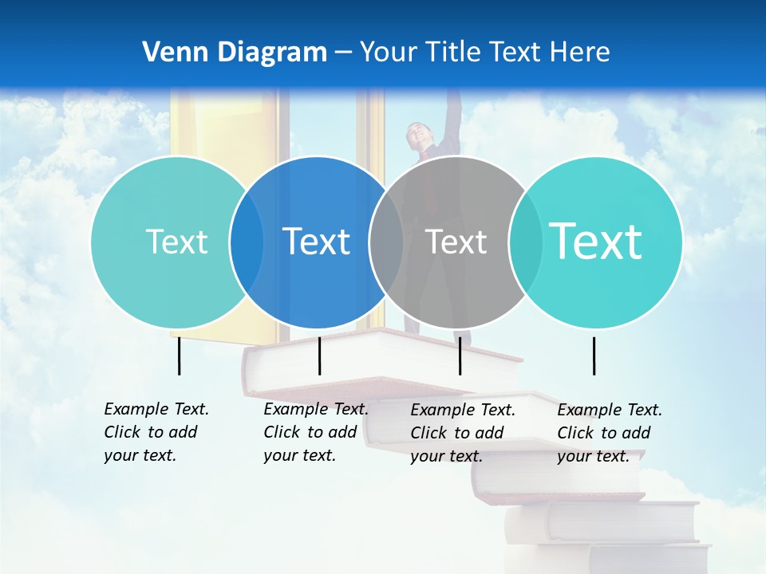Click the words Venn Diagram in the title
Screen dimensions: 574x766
point(235,53)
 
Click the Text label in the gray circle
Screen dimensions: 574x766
point(456,242)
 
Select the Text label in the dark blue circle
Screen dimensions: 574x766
point(317,242)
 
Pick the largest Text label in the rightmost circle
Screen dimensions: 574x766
point(596,241)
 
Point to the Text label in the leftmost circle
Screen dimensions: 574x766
point(176,242)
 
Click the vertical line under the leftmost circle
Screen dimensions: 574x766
point(179,356)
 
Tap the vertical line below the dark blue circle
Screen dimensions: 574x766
point(319,356)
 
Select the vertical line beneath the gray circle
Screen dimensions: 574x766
point(460,356)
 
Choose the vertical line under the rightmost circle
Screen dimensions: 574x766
point(594,356)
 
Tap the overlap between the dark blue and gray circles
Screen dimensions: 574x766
point(386,242)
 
